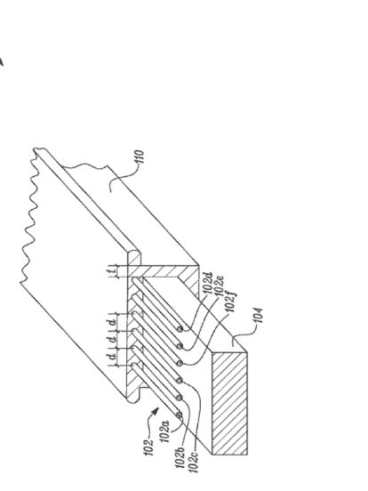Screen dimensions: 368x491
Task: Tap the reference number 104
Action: [259, 316]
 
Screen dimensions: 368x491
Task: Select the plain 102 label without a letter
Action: [149, 447]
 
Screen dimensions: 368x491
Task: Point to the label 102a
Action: [165, 431]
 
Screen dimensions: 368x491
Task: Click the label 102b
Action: [181, 457]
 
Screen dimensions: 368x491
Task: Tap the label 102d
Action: [208, 283]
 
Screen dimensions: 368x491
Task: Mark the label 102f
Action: [232, 302]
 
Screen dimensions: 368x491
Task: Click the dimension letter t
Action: [112, 271]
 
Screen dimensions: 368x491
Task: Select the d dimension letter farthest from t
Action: [112, 356]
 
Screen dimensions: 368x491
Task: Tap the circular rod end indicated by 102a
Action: [179, 415]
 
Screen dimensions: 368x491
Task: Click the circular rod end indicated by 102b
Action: [179, 398]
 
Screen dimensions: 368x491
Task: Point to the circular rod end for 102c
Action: [179, 381]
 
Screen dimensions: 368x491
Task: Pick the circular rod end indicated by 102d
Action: [180, 329]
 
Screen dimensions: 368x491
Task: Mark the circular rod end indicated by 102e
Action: [180, 346]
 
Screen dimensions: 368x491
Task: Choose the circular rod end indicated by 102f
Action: [180, 363]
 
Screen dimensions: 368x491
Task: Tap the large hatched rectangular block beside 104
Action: [229, 403]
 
